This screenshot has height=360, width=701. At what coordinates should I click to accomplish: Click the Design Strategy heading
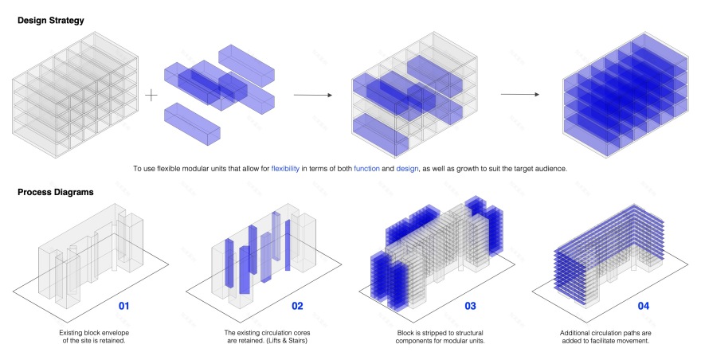point(50,21)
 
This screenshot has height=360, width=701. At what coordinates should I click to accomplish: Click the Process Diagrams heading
point(56,192)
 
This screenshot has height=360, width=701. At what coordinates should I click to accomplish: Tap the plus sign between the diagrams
point(151,95)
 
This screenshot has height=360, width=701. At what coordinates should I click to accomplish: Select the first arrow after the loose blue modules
point(313,95)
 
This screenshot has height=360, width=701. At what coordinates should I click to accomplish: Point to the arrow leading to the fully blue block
point(520,94)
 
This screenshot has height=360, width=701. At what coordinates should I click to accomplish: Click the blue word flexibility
point(285,169)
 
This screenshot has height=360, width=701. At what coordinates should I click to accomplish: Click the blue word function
point(366,169)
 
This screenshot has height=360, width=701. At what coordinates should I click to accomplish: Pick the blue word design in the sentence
point(407,169)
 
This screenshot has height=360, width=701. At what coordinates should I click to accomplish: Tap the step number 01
point(123,306)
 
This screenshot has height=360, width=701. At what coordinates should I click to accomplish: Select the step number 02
point(297,306)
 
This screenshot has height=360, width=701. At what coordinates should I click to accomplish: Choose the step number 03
point(470,306)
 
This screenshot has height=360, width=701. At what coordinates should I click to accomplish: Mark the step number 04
point(644,306)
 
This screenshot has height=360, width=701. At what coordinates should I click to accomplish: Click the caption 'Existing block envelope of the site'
point(94,337)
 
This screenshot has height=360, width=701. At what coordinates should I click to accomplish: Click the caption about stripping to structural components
point(440,337)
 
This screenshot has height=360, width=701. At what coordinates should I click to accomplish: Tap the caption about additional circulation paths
point(605,337)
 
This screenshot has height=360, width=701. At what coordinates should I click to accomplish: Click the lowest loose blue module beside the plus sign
point(192,124)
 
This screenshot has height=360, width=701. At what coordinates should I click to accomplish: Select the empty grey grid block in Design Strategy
point(75,95)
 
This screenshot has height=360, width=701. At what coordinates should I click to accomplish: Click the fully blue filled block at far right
point(625,94)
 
